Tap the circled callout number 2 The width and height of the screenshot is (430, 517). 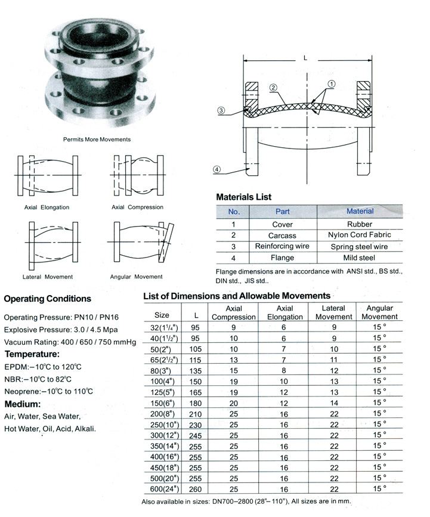(273, 88)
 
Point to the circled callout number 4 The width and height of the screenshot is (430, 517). (217, 169)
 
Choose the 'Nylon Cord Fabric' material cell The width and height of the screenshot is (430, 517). (360, 235)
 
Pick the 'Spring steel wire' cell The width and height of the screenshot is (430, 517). (360, 246)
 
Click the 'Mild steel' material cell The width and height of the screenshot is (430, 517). (359, 258)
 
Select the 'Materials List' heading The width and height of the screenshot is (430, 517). (243, 197)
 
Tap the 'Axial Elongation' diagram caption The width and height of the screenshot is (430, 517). (47, 208)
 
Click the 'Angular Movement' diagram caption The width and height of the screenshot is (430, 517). (136, 277)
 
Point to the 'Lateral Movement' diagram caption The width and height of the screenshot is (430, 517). (48, 277)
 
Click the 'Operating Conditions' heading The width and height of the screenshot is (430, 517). (48, 299)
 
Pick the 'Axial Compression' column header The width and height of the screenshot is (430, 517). (233, 312)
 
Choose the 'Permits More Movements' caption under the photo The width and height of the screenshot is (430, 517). (97, 139)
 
